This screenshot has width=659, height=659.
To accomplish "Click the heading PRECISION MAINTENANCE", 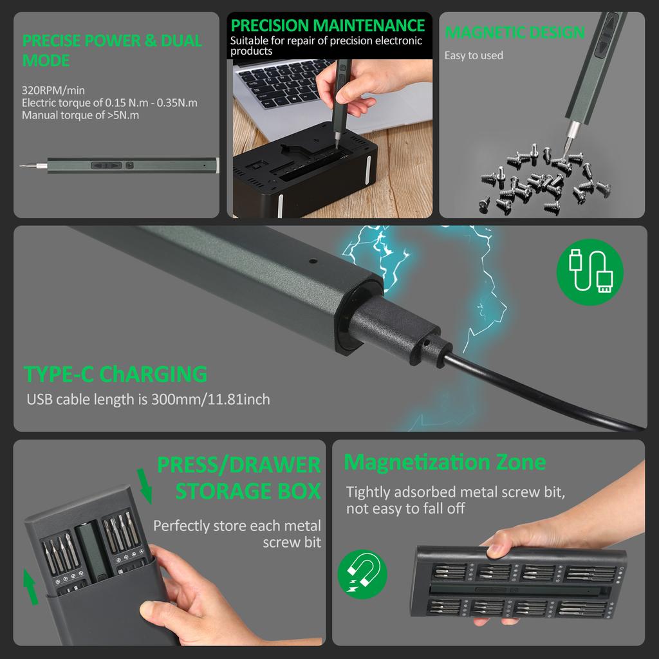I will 328,25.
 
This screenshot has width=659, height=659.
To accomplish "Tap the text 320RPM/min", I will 53,89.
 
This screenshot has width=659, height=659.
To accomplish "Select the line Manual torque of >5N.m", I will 80,115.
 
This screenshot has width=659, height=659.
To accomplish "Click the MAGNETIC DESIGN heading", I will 515,32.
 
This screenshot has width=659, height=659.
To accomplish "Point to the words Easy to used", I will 474,55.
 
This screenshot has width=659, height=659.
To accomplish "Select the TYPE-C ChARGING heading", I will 116,374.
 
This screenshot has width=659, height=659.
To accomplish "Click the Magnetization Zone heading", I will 445,462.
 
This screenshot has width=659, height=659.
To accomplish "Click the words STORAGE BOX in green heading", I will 248,491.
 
